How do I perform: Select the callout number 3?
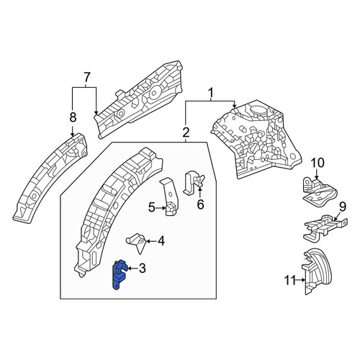point(143,268)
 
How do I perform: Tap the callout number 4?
point(161,241)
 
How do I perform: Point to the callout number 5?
point(151,207)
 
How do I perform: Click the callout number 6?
point(200,204)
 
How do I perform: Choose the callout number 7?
point(86,77)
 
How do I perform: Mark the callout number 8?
point(73,117)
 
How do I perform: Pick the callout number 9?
point(343,207)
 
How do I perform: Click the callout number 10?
point(318,163)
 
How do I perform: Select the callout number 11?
point(290,280)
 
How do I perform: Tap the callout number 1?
point(211,92)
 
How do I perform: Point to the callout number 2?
point(186,132)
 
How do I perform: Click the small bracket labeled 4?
point(136,241)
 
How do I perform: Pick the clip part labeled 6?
point(193,182)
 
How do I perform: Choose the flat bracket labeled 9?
point(324,227)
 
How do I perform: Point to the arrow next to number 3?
point(132,269)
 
